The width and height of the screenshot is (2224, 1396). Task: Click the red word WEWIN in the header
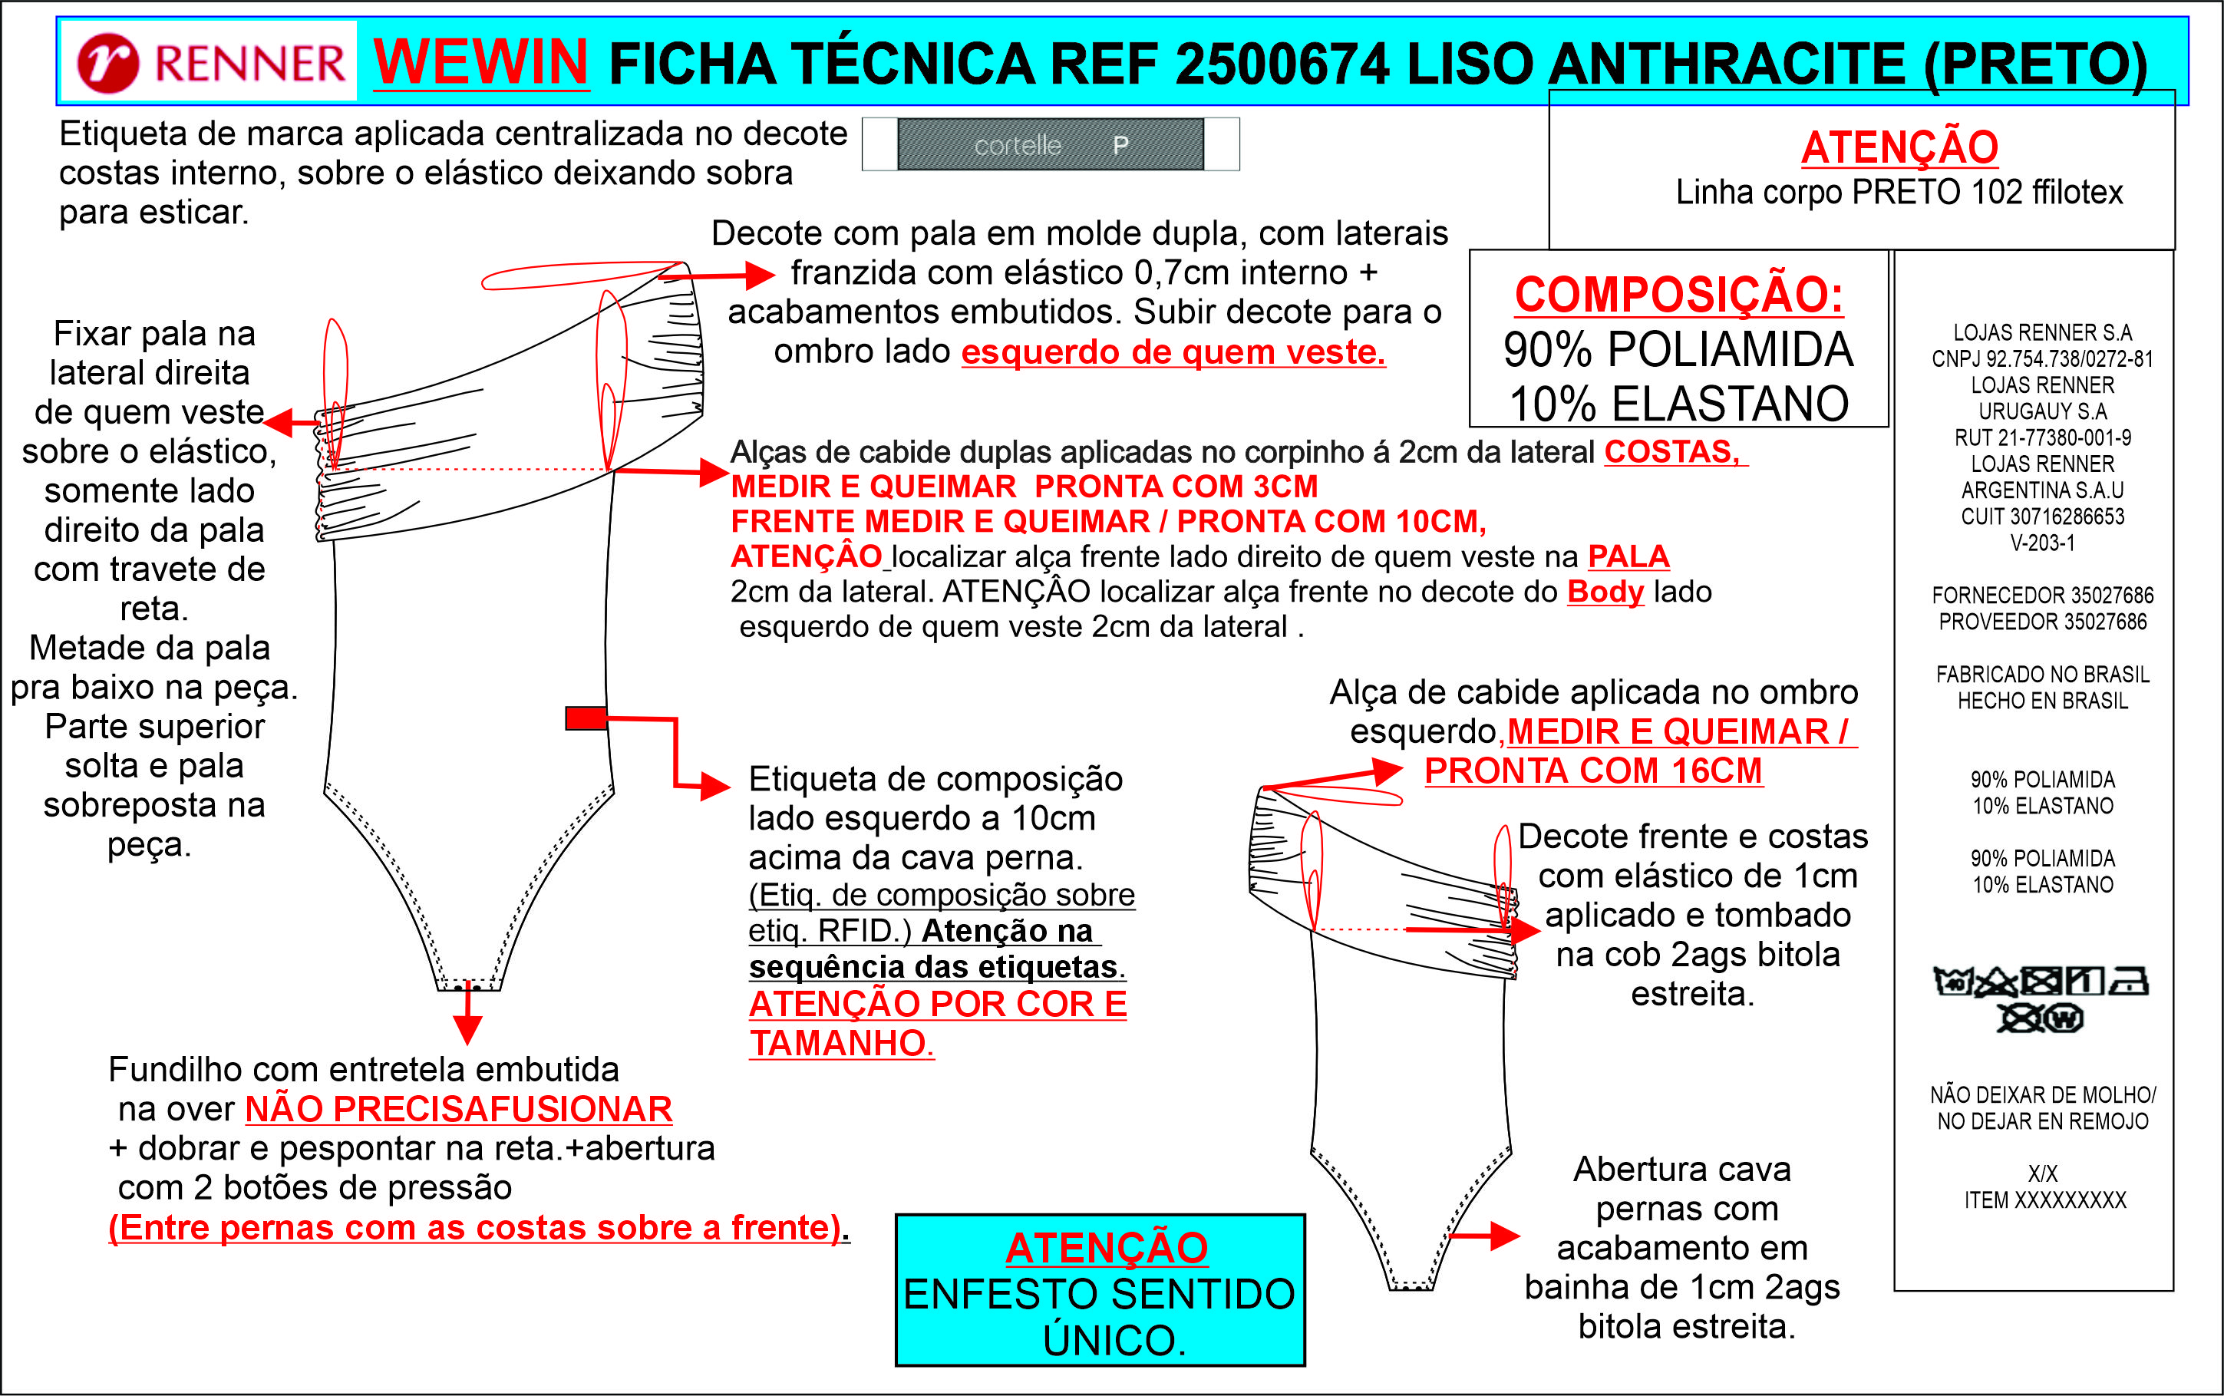coord(480,63)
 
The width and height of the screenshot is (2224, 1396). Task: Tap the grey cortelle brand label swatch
coord(1050,144)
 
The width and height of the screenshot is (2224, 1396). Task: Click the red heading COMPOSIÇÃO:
coord(1678,295)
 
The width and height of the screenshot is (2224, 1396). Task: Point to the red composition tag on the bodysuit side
coord(586,718)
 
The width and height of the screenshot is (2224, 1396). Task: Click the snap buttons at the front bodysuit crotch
coord(468,988)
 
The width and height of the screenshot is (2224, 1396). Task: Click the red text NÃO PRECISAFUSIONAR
coord(458,1109)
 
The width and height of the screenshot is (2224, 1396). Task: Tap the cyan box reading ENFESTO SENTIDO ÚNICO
coord(1100,1290)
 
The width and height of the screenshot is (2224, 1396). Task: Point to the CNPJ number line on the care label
coord(2042,359)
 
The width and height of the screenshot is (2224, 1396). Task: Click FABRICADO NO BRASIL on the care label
coord(2042,675)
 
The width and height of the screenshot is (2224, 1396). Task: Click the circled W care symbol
coord(2064,1019)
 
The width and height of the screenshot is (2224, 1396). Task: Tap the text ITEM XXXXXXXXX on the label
coord(2044,1200)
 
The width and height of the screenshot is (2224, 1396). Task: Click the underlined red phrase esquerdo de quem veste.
coord(1173,351)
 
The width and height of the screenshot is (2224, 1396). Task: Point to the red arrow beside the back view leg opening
coord(1487,1236)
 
